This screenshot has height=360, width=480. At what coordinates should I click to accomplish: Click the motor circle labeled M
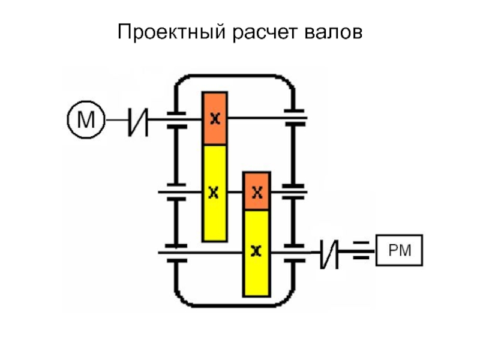coord(86,121)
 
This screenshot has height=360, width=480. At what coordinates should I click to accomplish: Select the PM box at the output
coord(399,250)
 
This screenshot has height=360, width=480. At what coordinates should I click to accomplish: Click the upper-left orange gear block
coord(214,118)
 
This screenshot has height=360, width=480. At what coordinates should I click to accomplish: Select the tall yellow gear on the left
coord(214,192)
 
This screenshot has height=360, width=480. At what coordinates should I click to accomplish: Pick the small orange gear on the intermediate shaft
coord(257,191)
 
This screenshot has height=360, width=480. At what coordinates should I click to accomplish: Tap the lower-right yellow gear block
coord(257,252)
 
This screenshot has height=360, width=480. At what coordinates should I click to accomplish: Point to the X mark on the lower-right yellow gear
coord(257,250)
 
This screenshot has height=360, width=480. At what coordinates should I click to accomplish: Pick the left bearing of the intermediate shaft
coord(175,191)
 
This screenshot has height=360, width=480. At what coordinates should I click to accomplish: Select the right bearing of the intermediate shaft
coord(293,191)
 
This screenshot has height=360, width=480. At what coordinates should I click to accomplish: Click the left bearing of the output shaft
coord(175,252)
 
